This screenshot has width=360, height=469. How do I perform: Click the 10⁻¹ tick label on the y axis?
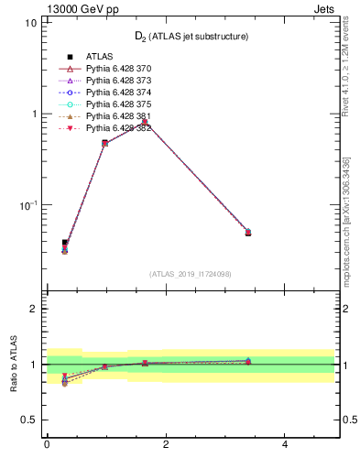tap(27, 204)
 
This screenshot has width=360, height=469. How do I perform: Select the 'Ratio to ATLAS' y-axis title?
tap(14, 365)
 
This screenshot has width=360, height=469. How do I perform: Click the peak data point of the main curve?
tap(145, 121)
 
